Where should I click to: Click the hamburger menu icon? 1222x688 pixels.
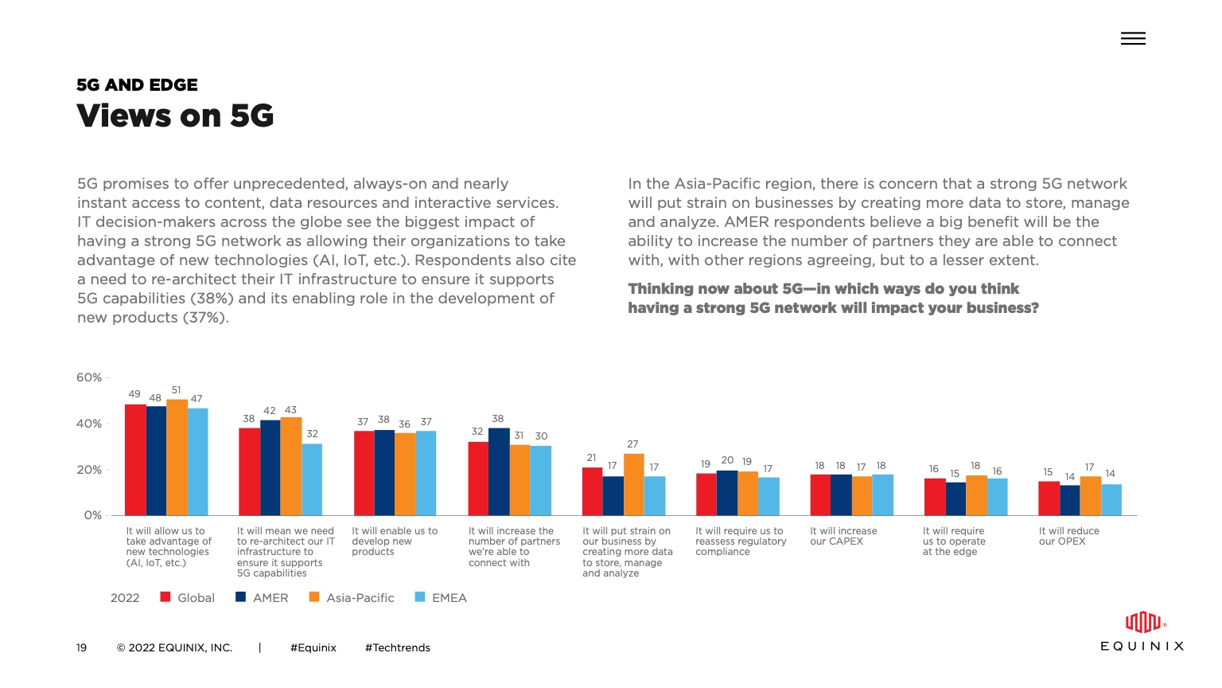tap(1133, 38)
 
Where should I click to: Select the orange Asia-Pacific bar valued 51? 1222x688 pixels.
tap(177, 457)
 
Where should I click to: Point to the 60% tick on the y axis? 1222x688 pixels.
tap(89, 377)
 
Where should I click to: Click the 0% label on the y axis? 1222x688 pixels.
tap(93, 515)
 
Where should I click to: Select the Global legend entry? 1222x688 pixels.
tap(188, 598)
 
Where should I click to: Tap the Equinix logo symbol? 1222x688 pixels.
tap(1142, 622)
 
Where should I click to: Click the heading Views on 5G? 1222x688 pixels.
tap(175, 116)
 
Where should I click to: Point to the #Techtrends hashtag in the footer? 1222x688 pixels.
tap(397, 648)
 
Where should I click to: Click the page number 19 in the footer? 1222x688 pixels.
tap(81, 648)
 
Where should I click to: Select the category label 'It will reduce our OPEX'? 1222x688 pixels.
tap(1068, 536)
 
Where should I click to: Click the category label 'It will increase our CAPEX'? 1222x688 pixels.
tap(843, 536)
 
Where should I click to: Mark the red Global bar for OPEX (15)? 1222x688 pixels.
tap(1049, 498)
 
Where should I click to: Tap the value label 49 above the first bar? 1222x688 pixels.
tap(134, 393)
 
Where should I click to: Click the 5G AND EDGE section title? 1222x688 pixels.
tap(137, 85)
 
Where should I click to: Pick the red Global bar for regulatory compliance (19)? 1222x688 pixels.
tap(706, 494)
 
